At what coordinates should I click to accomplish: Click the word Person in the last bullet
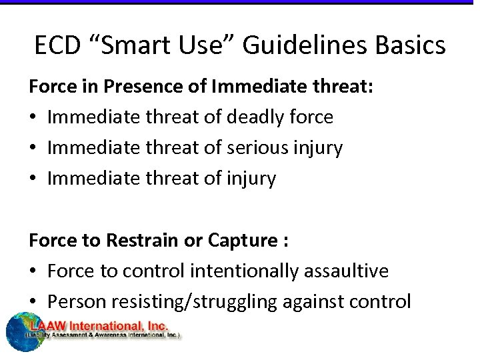[73, 302]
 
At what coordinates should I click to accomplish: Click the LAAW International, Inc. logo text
[103, 326]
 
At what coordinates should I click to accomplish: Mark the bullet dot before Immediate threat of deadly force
[33, 118]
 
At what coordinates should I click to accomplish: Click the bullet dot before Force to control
[33, 272]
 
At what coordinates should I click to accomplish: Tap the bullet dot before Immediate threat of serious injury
[33, 149]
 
